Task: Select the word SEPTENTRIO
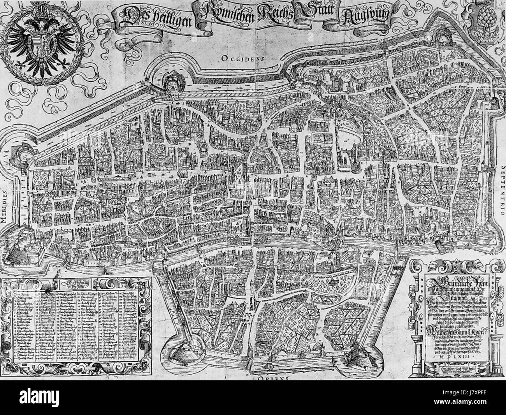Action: [x=501, y=193]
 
